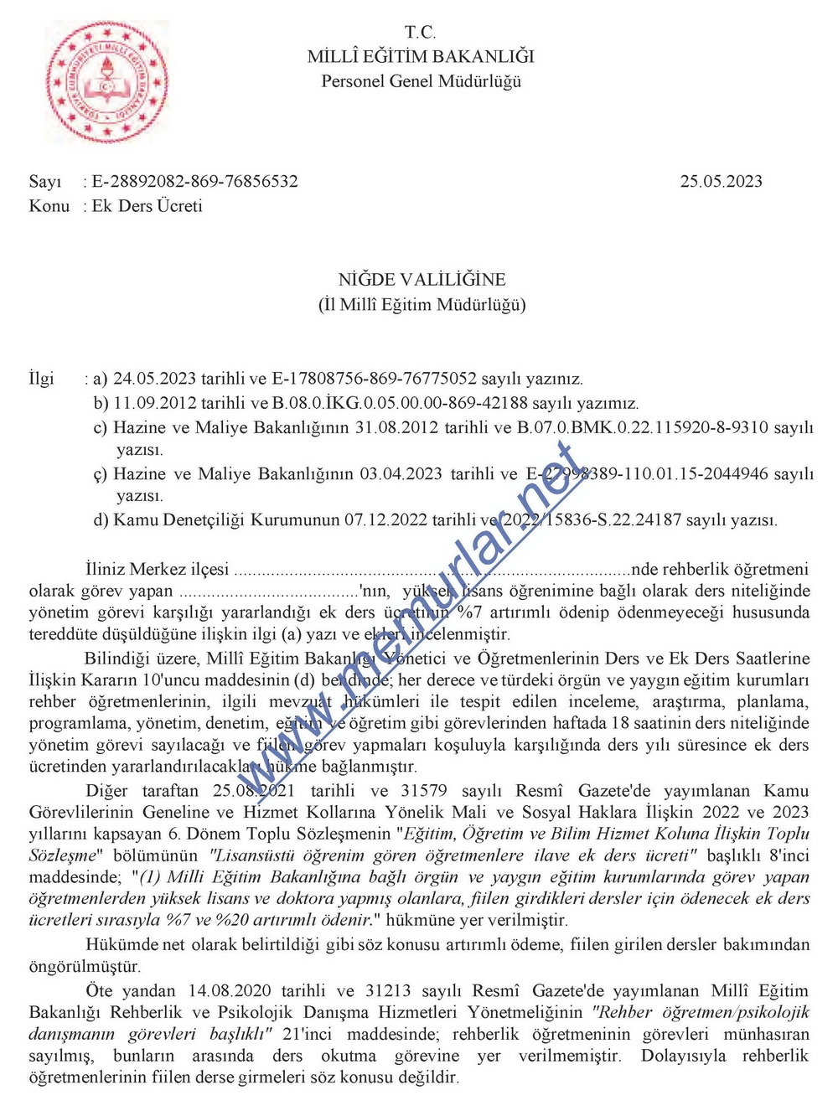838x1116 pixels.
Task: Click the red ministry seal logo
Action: (x=106, y=82)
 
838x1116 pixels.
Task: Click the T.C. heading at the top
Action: (x=421, y=33)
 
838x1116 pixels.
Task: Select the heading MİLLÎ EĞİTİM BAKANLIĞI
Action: (x=421, y=57)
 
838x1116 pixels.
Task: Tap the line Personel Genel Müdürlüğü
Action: (x=421, y=81)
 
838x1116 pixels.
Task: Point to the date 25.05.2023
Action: (x=721, y=182)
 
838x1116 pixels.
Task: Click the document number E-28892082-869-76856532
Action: (x=194, y=182)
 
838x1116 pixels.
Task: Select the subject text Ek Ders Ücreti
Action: (x=147, y=206)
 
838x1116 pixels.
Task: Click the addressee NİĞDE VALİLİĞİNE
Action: (x=422, y=280)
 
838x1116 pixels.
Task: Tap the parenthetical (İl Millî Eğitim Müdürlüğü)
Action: (x=422, y=304)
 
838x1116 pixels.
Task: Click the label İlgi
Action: (x=42, y=379)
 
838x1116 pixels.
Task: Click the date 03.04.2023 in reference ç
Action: (x=401, y=474)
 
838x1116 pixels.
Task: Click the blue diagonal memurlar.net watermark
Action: (x=419, y=620)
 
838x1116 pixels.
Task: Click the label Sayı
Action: (x=45, y=182)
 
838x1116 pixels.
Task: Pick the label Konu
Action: (x=49, y=206)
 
